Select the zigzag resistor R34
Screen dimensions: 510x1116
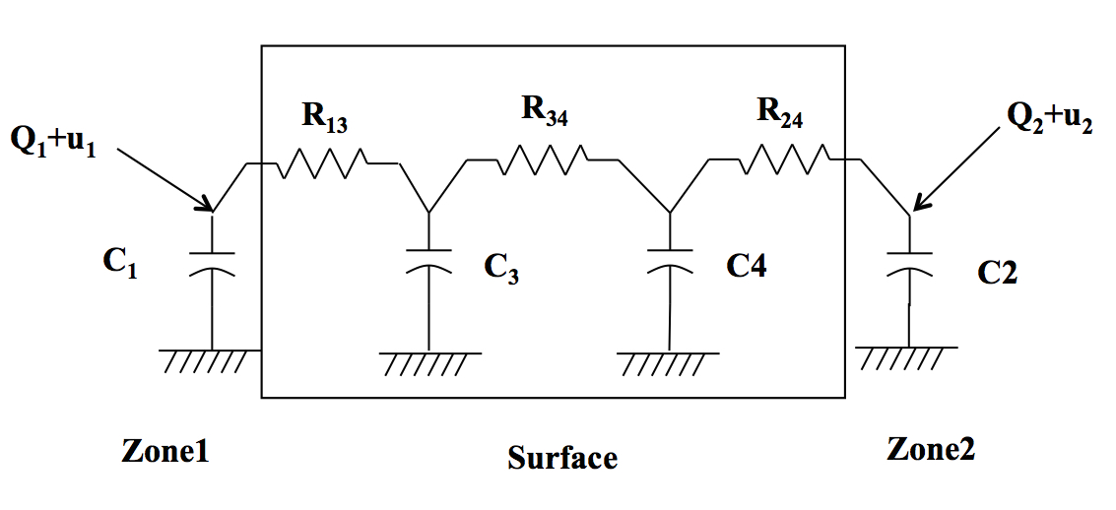(543, 160)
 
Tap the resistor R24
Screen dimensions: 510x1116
(784, 159)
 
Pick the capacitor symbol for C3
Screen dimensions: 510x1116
(427, 259)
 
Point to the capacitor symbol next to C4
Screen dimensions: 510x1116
(669, 259)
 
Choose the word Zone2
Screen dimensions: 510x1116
(931, 449)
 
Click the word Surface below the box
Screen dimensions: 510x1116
(562, 458)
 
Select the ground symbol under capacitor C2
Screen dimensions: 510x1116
(907, 356)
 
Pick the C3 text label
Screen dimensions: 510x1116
(500, 269)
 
